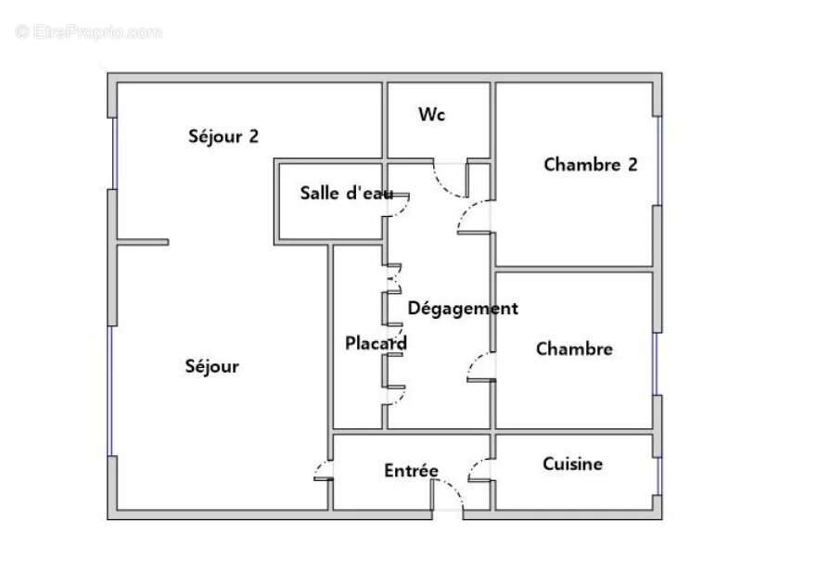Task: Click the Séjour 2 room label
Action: coord(223,136)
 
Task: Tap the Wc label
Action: coord(432,114)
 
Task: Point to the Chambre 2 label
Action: coord(591,164)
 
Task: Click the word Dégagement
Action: coord(463,308)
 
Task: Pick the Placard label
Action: coord(376,343)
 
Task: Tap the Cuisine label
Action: coord(572,463)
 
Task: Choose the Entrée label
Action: coord(411,471)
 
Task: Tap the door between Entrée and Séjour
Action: coord(322,469)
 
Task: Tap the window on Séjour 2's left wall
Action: coord(112,153)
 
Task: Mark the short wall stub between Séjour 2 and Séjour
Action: coord(143,243)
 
